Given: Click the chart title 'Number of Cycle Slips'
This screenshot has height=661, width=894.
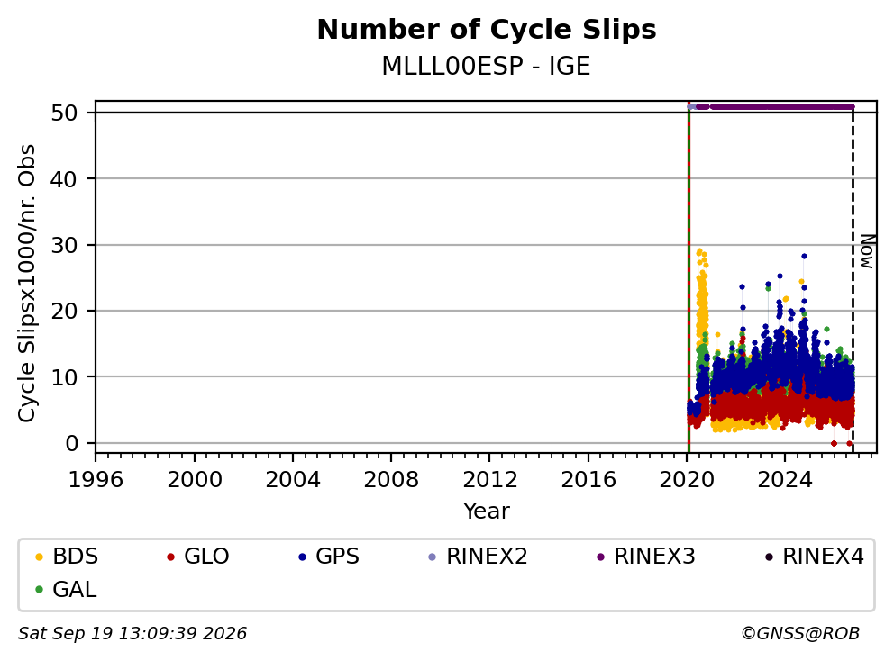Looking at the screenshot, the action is (x=487, y=30).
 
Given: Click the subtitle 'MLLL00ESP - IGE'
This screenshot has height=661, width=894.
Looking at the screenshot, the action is (x=486, y=66).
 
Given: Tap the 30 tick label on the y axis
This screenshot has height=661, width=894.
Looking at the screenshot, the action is (x=64, y=245).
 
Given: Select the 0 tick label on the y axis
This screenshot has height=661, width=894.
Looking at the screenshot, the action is (x=71, y=443).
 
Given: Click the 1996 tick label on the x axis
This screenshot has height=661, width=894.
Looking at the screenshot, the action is (x=96, y=480).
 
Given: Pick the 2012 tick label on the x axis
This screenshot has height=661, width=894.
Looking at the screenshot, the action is (x=489, y=480).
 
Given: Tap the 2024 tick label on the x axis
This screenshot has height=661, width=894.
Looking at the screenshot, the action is (x=785, y=480).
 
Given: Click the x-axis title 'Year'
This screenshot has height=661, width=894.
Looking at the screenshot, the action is (x=487, y=512).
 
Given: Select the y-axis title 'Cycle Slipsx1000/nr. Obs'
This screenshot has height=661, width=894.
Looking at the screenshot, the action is (x=27, y=283).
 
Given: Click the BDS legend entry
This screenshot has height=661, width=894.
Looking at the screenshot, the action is (x=67, y=557).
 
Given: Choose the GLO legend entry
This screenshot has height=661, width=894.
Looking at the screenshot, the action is (x=198, y=557).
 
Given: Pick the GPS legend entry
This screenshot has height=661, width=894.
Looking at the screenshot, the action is (x=329, y=557).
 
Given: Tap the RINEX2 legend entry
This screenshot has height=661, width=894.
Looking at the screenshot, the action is (x=479, y=557).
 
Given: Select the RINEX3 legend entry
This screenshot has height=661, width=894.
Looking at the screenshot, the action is (x=646, y=557).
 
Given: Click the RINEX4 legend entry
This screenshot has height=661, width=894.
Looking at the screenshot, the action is (x=814, y=557).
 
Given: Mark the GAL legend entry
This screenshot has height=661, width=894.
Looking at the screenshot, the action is (x=66, y=589).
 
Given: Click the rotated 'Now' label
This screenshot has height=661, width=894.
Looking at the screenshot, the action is (x=867, y=251).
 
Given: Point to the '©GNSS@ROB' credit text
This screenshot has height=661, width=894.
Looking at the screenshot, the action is (x=800, y=633).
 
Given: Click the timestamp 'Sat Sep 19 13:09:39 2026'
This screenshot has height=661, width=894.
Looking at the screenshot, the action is (x=132, y=633).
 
